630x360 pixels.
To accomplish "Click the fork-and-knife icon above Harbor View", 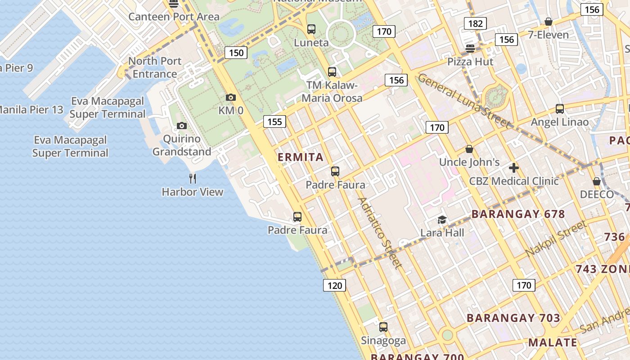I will [x=193, y=179].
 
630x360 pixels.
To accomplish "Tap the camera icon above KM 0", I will [x=230, y=97].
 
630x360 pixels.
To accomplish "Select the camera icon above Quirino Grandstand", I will [x=181, y=126].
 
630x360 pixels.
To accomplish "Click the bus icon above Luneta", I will [x=311, y=29].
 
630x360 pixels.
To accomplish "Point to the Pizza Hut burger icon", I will [x=470, y=48].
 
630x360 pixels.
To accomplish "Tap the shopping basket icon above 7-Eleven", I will [x=548, y=22].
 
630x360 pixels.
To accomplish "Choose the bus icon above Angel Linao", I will [x=559, y=108].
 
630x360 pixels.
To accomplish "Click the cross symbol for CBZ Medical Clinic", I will [x=513, y=168].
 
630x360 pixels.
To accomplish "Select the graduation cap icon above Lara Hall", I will [x=442, y=220].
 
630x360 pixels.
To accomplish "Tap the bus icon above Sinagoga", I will [x=383, y=327].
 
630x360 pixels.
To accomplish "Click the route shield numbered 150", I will [x=236, y=53].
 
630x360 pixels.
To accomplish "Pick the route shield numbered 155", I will [x=274, y=121].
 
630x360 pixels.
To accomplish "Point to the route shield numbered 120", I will [x=334, y=285].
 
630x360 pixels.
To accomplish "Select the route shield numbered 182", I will [x=475, y=23].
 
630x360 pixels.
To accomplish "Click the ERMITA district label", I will [x=301, y=157].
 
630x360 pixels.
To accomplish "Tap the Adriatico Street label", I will [x=379, y=233].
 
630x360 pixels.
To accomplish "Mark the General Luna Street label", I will [x=464, y=101].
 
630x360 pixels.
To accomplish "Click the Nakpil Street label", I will [x=556, y=238].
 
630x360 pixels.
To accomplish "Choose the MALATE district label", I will [x=553, y=342].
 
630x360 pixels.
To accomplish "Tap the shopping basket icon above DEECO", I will [x=597, y=181].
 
